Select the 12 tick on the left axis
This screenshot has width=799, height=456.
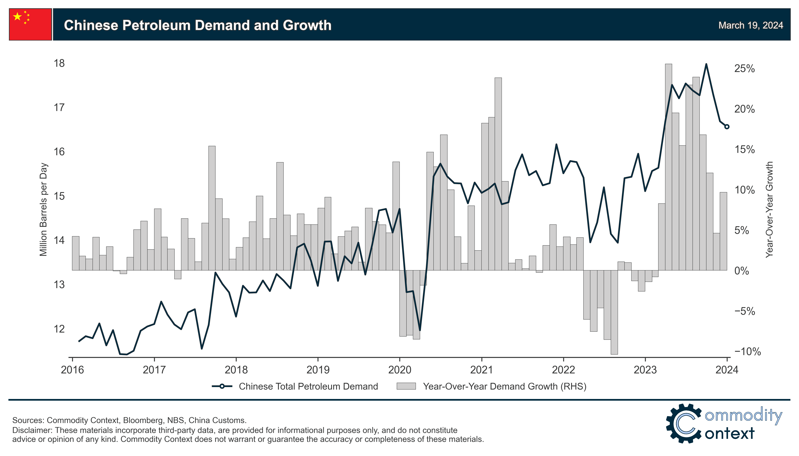point(59,329)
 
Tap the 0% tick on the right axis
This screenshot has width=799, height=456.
point(742,271)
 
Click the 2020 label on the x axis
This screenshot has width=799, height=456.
point(400,370)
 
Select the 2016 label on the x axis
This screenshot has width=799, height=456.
point(72,370)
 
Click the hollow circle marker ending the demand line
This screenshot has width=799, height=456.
point(727,126)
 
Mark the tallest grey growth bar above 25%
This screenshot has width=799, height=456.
point(668,166)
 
